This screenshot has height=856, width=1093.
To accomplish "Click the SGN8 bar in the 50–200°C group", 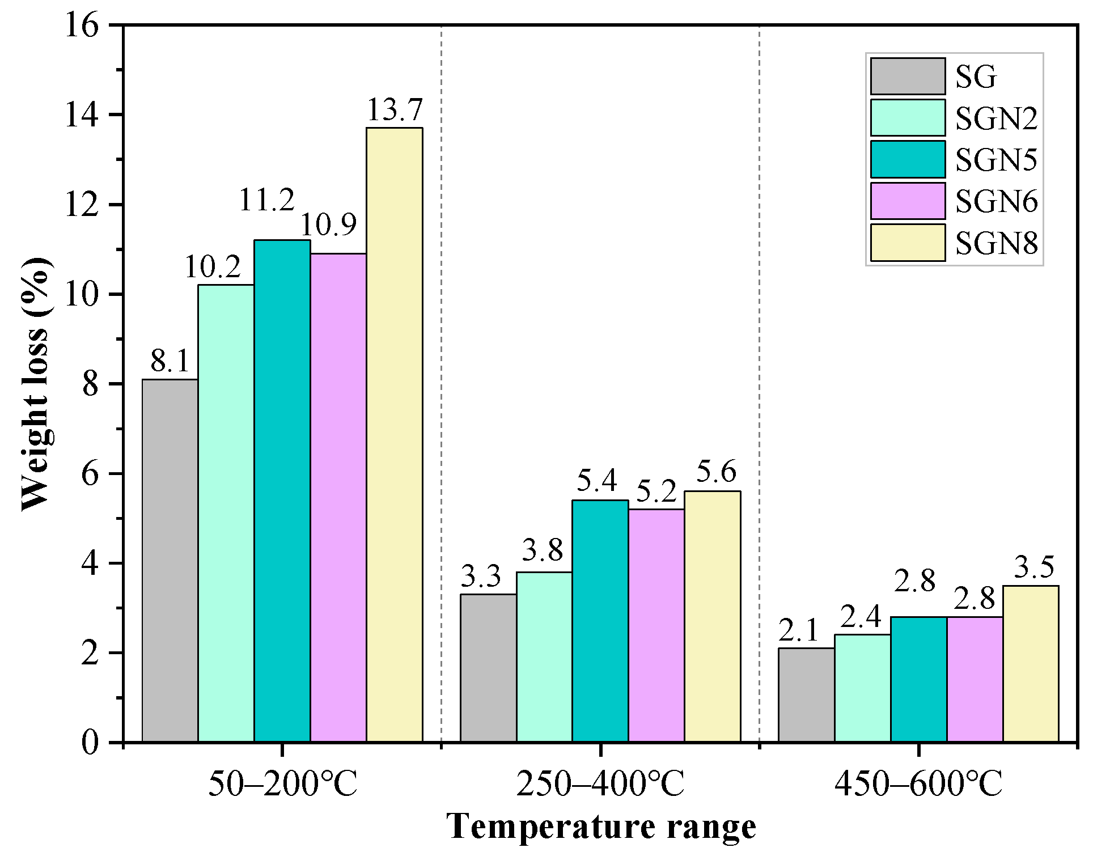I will pos(394,435).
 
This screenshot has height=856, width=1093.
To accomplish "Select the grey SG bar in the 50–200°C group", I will pos(170,560).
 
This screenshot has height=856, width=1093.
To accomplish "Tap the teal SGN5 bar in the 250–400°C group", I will pos(600,621).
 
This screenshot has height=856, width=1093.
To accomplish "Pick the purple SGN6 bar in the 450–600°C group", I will pos(975,679).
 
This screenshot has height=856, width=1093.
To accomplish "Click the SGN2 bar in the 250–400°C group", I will pos(544,657).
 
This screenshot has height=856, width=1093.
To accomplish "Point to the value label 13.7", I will pos(395,110).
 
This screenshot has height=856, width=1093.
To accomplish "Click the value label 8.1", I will pos(170,361).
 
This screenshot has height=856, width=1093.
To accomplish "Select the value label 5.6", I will pos(716,472).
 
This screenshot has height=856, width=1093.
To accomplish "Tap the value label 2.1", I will pos(799,630).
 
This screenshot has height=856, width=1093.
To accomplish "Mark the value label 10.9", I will pos(328,225).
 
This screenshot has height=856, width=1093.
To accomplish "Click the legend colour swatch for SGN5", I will pos(908,159).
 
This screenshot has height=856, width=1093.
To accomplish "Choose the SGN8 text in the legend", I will pos(996,243).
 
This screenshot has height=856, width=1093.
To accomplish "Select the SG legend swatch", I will pos(908,76).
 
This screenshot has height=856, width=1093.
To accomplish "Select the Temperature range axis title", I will pos(600,826).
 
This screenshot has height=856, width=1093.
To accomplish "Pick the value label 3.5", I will pos(1034,567).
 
